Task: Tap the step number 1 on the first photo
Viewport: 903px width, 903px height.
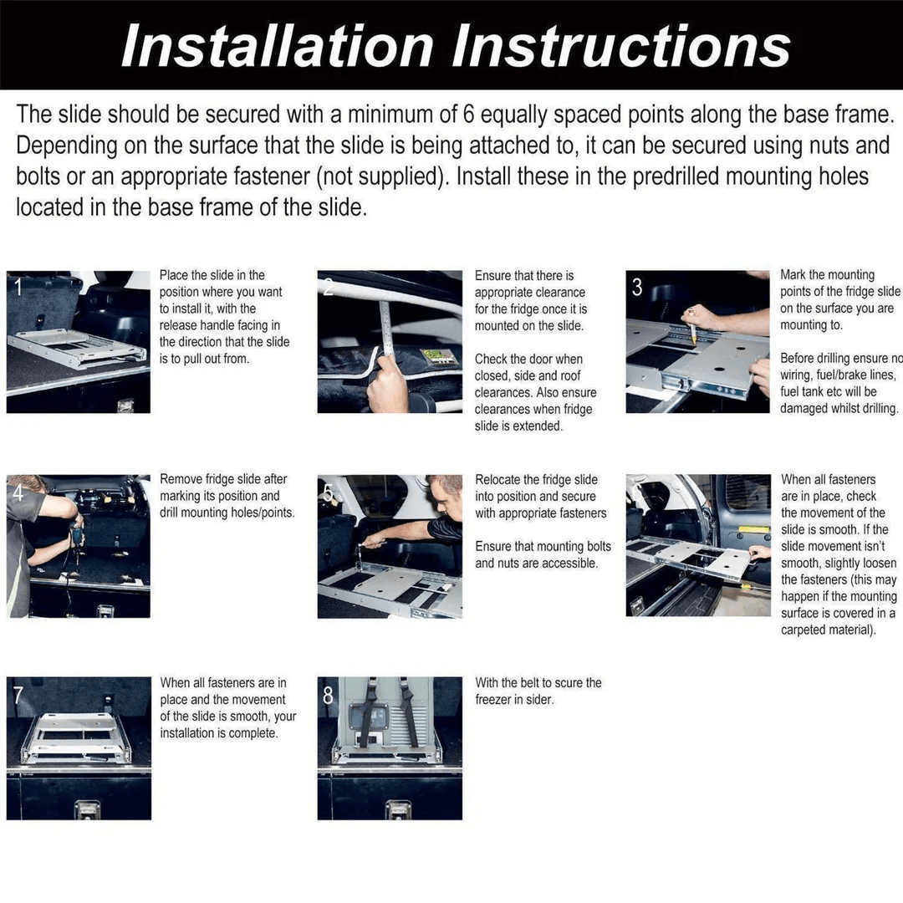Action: tap(17, 288)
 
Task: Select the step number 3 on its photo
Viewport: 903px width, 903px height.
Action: tap(637, 288)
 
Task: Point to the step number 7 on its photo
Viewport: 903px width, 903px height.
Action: tap(18, 695)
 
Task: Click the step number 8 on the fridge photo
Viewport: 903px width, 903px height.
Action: tap(328, 695)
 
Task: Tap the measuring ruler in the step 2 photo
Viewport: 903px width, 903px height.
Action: tap(385, 334)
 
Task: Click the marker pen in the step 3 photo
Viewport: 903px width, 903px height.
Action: tap(692, 326)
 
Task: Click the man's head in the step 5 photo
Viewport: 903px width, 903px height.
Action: tap(446, 495)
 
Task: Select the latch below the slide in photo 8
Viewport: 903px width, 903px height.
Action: tap(397, 809)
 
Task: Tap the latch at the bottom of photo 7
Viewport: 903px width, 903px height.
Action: tap(86, 809)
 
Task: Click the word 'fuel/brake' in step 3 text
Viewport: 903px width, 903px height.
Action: tap(844, 375)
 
